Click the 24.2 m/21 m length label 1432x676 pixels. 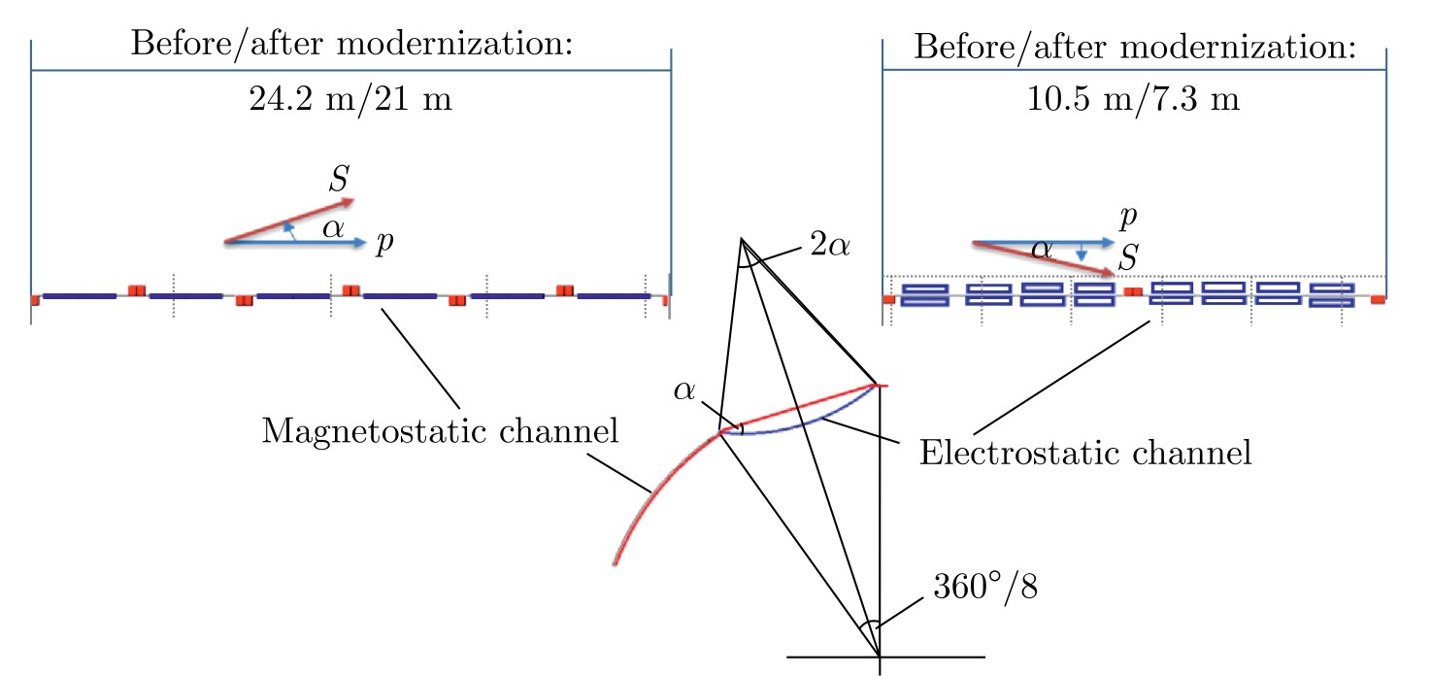[350, 100]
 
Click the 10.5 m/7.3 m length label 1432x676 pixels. [1133, 100]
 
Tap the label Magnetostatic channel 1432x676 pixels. [440, 431]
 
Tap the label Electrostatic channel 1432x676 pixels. [1085, 453]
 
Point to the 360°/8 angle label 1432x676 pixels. [985, 589]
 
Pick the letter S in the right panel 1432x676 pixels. [1127, 257]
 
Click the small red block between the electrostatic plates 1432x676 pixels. [1131, 290]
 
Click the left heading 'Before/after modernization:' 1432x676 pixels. [350, 45]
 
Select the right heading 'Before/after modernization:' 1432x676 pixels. [1133, 45]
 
